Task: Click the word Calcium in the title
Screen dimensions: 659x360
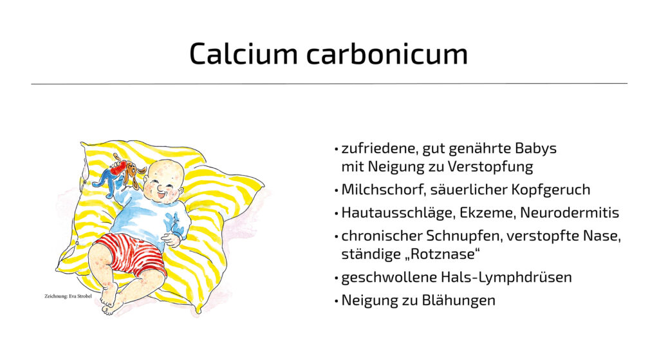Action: coord(243,53)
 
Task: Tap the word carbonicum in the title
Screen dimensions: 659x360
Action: coord(387,53)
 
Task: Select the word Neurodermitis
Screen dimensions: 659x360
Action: coord(570,213)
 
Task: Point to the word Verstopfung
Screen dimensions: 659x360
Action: coord(490,167)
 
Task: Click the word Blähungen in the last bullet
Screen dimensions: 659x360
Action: coord(458,300)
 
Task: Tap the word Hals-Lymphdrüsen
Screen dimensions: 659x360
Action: coord(506,278)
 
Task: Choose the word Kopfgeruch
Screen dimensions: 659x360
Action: coord(551,190)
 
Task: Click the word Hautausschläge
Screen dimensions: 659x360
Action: coord(398,213)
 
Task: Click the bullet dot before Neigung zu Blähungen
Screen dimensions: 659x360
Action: coord(336,301)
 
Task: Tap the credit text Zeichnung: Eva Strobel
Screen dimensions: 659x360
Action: coord(68,296)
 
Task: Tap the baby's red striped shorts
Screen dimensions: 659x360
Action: coord(129,254)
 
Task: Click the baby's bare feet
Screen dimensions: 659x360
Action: coord(109,298)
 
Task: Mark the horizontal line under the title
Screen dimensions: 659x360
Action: coord(329,84)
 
